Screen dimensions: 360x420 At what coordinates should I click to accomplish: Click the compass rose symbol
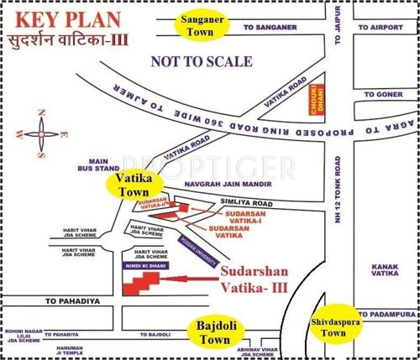[41, 133]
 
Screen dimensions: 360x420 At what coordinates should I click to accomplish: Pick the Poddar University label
[192, 248]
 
